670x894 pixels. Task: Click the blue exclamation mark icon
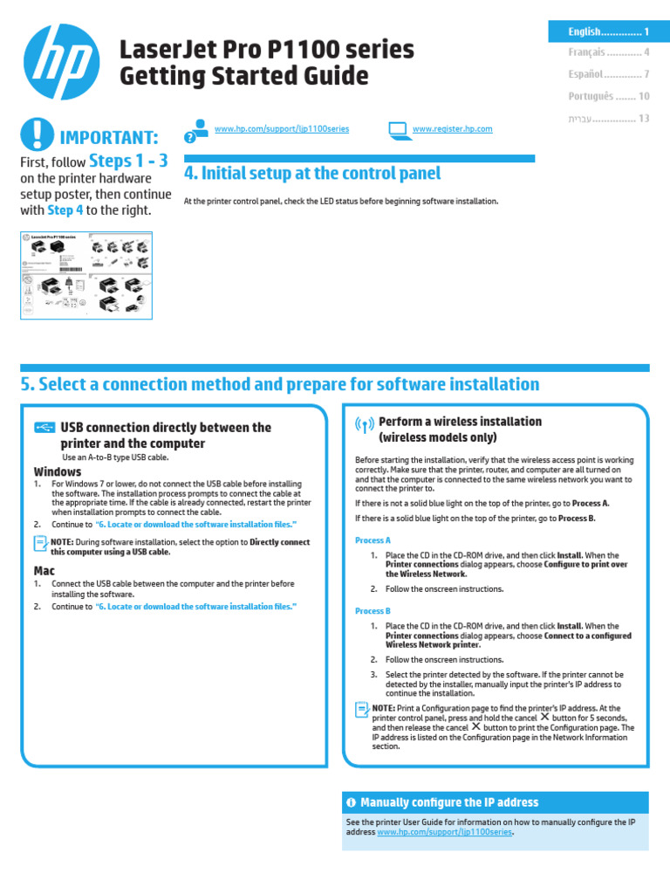click(37, 134)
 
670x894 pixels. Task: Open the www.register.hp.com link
click(452, 129)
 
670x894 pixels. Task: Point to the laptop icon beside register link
click(398, 130)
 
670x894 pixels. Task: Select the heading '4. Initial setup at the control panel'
click(312, 174)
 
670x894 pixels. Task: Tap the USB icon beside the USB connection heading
click(45, 428)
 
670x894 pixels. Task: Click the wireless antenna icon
click(365, 425)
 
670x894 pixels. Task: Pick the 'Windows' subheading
click(58, 471)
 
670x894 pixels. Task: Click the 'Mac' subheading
click(44, 571)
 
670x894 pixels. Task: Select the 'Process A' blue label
click(373, 540)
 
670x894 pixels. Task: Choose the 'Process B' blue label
click(373, 611)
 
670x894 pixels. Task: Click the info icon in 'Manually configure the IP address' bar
click(351, 802)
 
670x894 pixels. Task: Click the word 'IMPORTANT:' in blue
click(109, 138)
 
